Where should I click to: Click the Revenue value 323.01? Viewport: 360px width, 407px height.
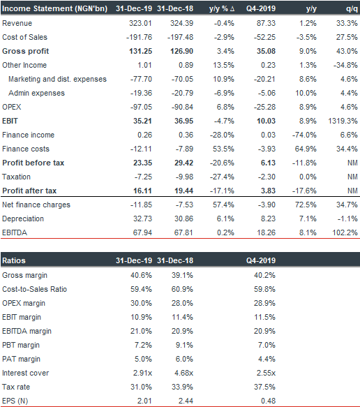pos(140,23)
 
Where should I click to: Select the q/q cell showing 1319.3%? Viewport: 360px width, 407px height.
pos(343,121)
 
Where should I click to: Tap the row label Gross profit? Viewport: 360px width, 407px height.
pos(25,51)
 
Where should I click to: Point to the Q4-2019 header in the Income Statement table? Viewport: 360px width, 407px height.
pos(261,8)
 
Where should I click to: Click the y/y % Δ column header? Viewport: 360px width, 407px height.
pos(222,8)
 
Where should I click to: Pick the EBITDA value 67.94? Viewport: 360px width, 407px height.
pos(142,232)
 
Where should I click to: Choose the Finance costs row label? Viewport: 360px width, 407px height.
pos(26,149)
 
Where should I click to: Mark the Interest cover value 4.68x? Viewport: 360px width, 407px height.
pos(183,373)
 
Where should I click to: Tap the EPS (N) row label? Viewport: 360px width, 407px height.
pos(15,401)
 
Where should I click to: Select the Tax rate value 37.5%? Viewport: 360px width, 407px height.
pos(264,387)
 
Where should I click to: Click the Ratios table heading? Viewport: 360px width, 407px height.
pos(14,260)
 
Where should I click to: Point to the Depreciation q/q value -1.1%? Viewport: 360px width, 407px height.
pos(347,219)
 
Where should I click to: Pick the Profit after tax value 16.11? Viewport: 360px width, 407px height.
pos(142,191)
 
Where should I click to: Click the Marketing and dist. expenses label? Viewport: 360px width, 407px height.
pos(57,79)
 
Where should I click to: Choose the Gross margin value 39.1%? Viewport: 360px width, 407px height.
pos(182,275)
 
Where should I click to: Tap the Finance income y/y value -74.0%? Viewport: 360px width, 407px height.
pos(304,135)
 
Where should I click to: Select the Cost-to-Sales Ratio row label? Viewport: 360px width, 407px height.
pos(34,289)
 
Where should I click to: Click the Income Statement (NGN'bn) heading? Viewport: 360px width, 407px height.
pos(54,8)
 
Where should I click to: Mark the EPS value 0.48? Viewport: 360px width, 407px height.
pos(268,401)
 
